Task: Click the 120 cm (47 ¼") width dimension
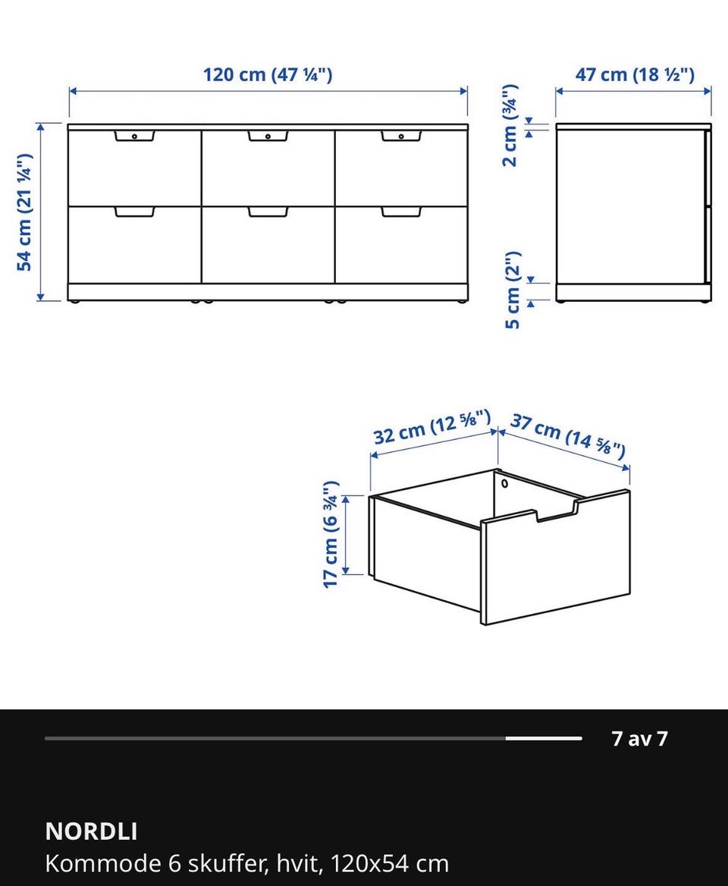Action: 268,74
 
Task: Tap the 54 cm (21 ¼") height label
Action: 25,212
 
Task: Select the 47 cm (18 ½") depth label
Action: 635,74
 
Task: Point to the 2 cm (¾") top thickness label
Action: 510,125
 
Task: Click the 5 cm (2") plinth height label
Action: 512,290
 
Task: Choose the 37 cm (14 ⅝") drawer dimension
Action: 568,435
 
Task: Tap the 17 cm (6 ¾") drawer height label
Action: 331,534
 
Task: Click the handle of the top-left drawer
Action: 134,136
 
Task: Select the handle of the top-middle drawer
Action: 268,136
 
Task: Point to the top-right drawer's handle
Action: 401,136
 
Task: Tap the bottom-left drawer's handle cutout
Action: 134,212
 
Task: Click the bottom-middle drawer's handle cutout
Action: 268,212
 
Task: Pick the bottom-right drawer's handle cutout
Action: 401,212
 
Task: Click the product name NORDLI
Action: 91,831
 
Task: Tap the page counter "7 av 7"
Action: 639,739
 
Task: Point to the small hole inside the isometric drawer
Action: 504,484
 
